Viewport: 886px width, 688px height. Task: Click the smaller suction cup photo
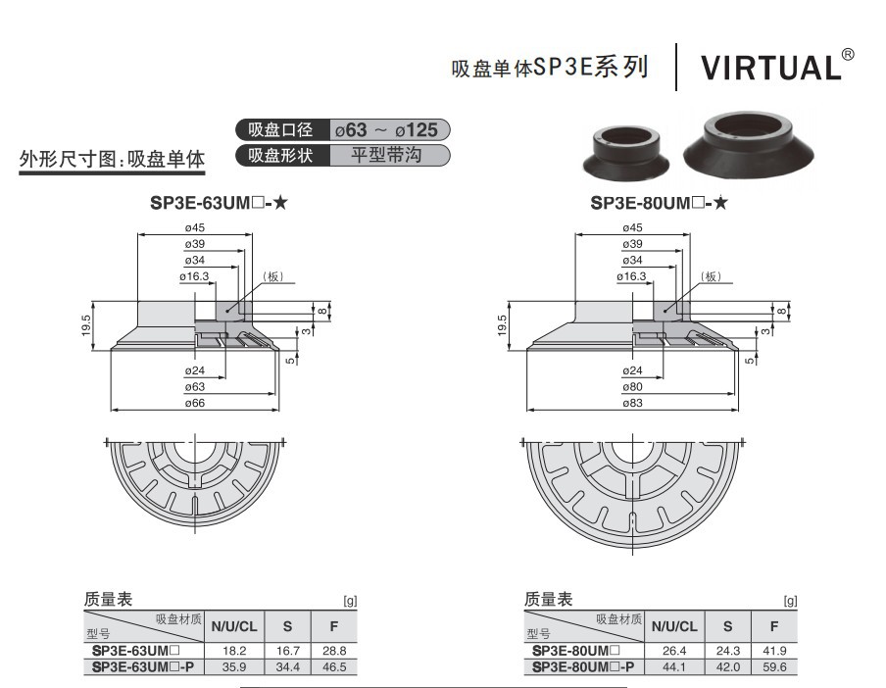tap(624, 150)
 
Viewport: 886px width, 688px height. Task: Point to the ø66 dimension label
tap(194, 403)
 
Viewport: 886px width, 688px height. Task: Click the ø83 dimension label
tap(633, 403)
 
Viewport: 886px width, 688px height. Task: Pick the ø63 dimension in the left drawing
tap(194, 387)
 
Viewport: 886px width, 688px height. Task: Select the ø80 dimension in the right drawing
tap(633, 387)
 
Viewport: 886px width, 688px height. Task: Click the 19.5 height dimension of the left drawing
tap(87, 323)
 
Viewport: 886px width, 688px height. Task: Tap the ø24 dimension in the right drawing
tap(633, 371)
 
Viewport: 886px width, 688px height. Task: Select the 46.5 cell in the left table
tap(335, 666)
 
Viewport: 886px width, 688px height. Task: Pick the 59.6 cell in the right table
tap(774, 666)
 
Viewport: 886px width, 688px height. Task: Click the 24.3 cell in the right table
tap(727, 651)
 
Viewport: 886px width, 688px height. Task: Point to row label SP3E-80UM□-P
tap(583, 666)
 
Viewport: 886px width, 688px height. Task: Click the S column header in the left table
tap(287, 627)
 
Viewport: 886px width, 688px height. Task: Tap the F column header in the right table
tap(774, 627)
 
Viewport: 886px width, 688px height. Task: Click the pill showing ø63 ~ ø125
tap(389, 129)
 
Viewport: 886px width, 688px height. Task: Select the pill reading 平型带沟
tap(389, 155)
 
